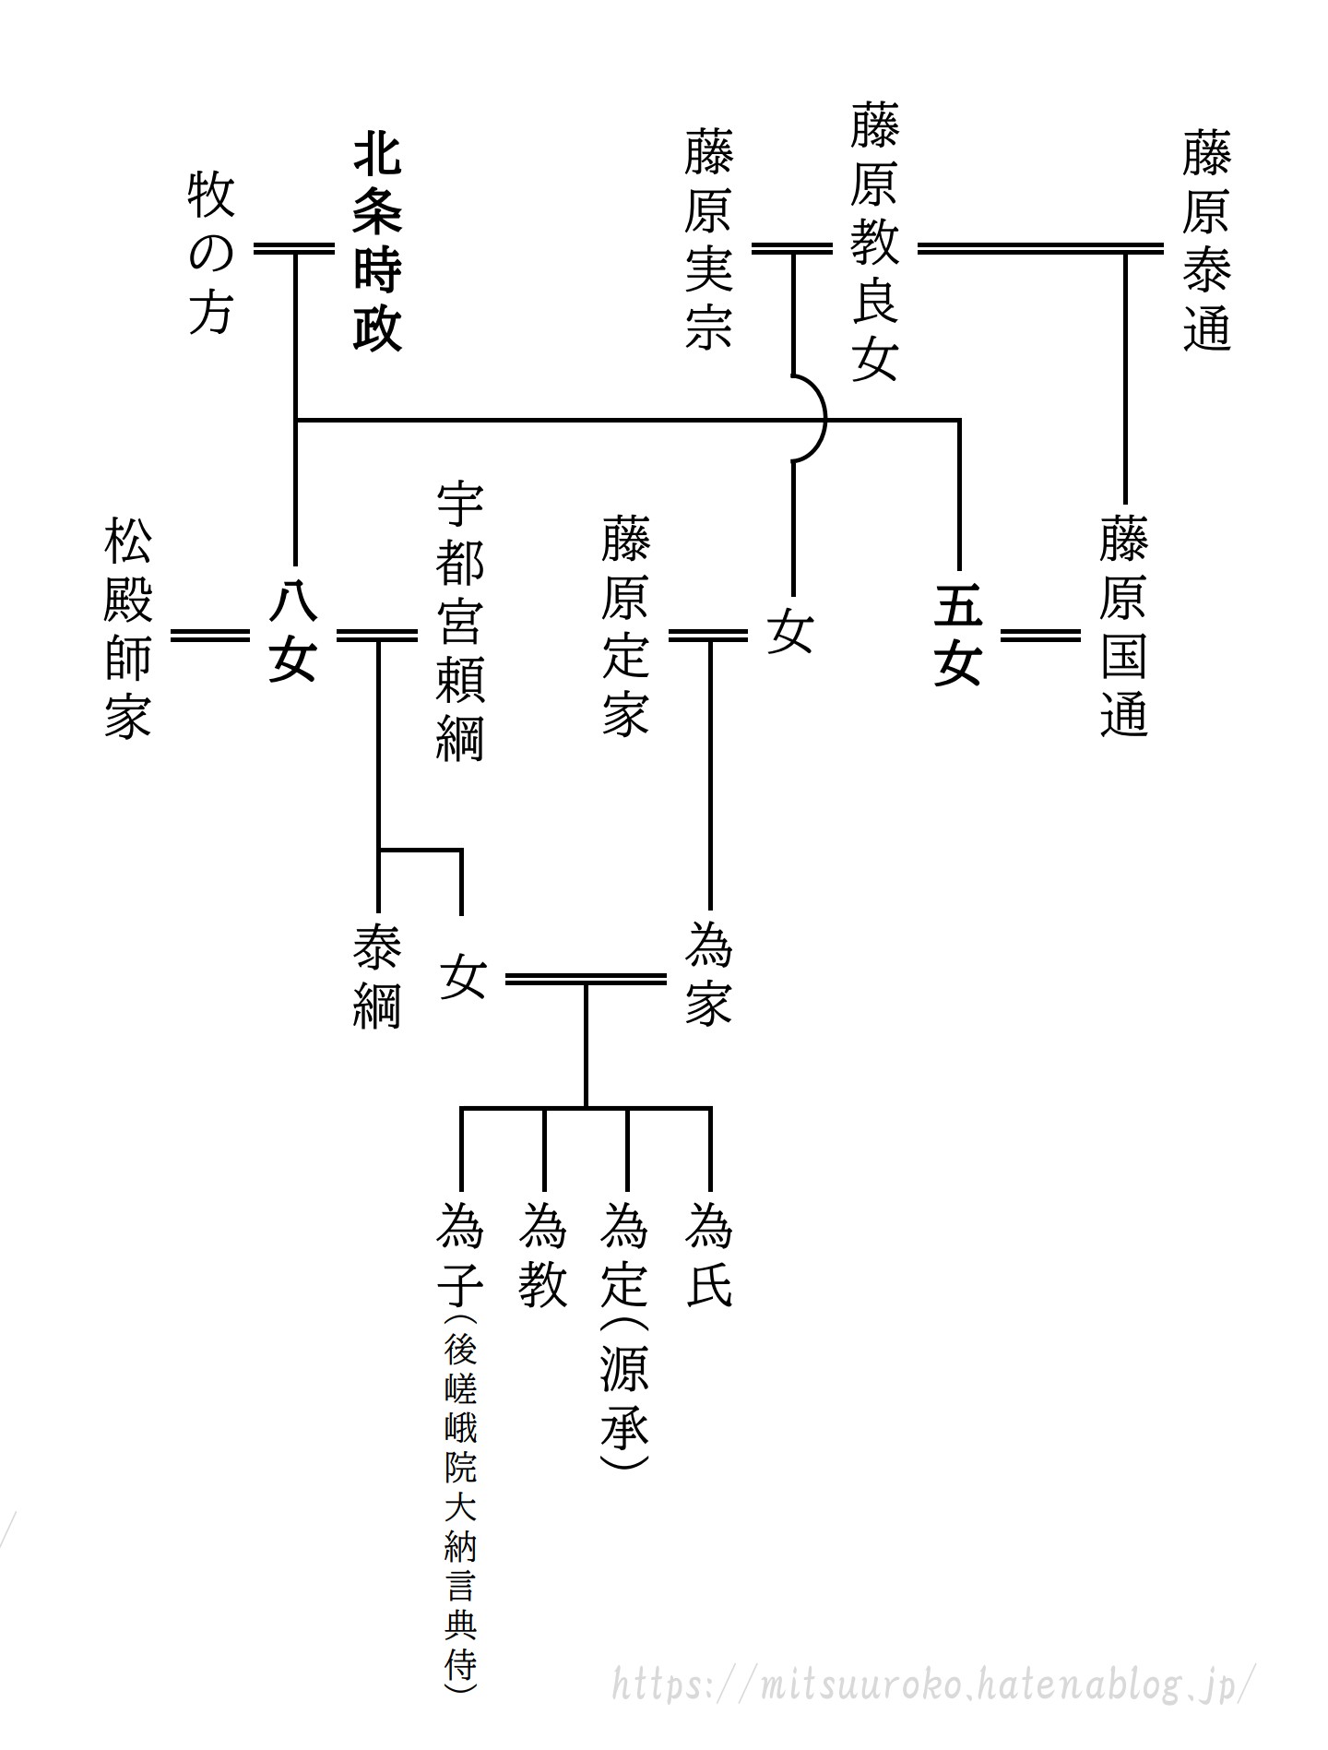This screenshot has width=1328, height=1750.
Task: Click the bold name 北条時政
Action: (377, 245)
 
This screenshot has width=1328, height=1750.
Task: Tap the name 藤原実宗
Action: (708, 242)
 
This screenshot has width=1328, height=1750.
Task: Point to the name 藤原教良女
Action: (874, 243)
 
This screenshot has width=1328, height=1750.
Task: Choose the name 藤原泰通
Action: (1207, 242)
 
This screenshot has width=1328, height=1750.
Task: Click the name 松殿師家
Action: (127, 630)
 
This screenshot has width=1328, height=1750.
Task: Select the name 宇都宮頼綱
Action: (459, 622)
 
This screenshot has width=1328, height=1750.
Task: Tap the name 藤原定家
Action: (625, 627)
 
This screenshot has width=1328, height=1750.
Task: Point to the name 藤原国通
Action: (1123, 627)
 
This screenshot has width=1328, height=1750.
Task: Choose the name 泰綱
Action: (376, 978)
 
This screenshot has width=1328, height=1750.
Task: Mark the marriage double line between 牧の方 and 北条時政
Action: (294, 248)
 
